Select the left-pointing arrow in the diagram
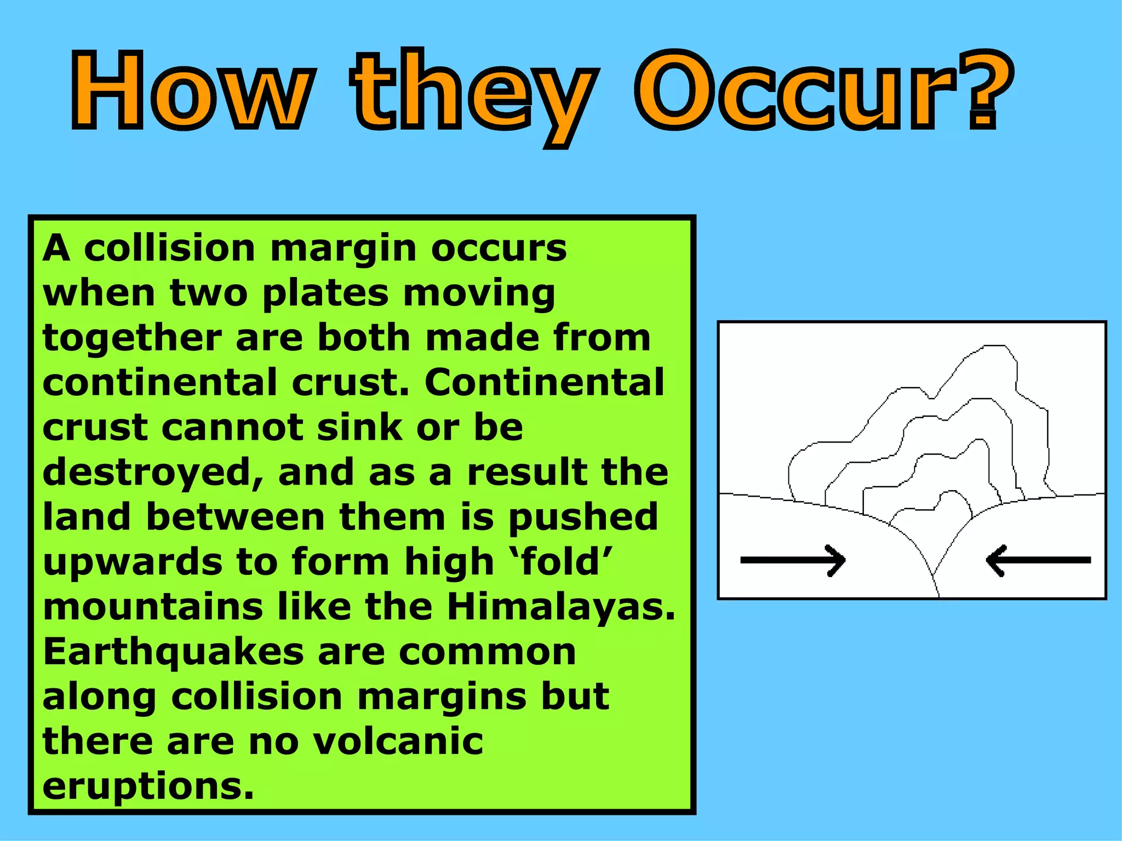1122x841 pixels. [x=1038, y=560]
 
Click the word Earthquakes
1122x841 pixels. [x=173, y=652]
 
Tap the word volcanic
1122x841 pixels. [x=398, y=741]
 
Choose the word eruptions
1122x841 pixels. [x=148, y=787]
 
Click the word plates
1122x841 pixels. [x=326, y=293]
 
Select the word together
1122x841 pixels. [x=132, y=338]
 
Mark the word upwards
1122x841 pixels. [x=131, y=562]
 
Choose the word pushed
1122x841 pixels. [x=583, y=518]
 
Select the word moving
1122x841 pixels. [x=479, y=293]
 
